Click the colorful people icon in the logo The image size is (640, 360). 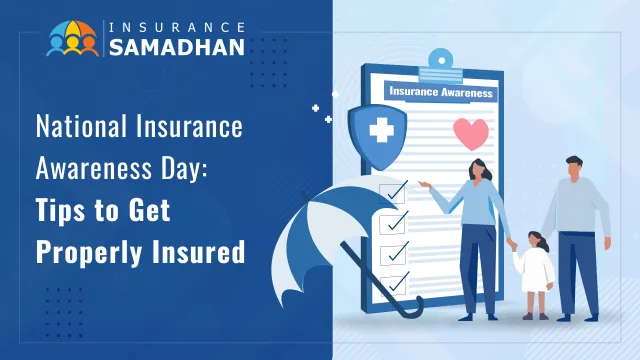pyautogui.click(x=73, y=38)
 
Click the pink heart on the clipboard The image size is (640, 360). pyautogui.click(x=471, y=133)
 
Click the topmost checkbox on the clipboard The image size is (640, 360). pyautogui.click(x=394, y=191)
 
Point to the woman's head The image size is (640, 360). pyautogui.click(x=477, y=170)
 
